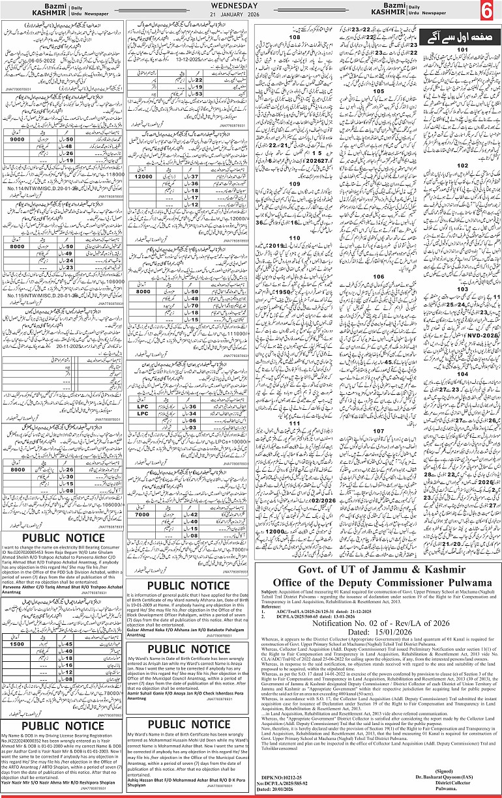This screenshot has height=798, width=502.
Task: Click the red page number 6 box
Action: (487, 12)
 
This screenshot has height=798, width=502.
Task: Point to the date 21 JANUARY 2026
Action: (250, 16)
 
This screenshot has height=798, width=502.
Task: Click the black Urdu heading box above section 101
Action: (452, 38)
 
